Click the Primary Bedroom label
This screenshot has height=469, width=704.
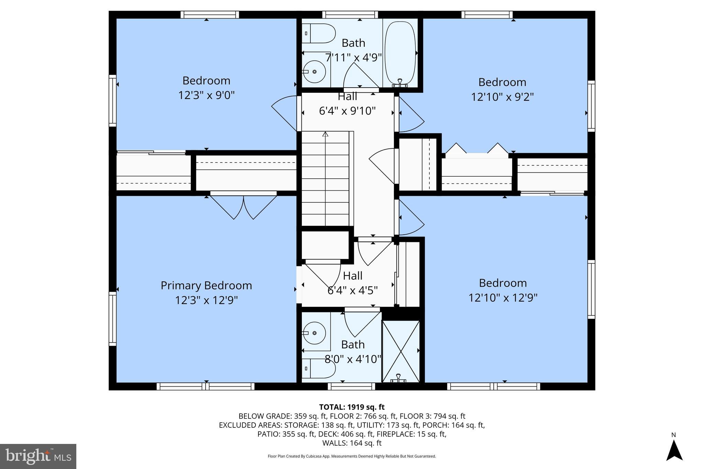click(206, 286)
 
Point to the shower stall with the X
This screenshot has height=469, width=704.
click(401, 351)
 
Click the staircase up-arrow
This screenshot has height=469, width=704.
click(325, 134)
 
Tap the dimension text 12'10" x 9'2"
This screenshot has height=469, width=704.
click(502, 97)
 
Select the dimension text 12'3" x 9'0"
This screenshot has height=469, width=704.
click(206, 95)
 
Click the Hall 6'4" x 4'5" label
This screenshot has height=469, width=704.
click(353, 283)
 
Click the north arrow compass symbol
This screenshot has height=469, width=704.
click(674, 450)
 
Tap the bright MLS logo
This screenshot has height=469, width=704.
click(38, 456)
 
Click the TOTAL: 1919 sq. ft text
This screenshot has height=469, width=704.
click(352, 407)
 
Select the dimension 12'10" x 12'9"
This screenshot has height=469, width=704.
click(503, 298)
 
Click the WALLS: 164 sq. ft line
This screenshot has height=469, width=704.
click(352, 443)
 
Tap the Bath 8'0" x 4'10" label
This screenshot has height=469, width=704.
click(353, 352)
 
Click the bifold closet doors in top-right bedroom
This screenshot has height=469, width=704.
click(476, 150)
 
